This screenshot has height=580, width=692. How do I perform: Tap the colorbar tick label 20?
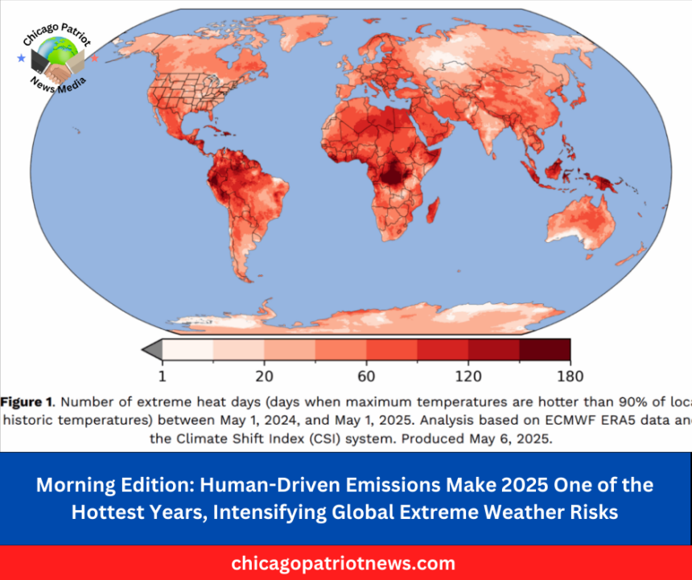point(264,375)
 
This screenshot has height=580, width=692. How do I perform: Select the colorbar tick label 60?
point(366,375)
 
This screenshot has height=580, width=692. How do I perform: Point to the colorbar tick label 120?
point(468,375)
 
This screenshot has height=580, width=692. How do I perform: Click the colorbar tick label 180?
point(569,375)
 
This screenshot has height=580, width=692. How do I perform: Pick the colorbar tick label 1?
point(162,375)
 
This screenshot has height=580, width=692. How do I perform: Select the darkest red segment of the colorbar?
point(545,349)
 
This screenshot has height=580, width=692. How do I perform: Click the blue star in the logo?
point(19,58)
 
